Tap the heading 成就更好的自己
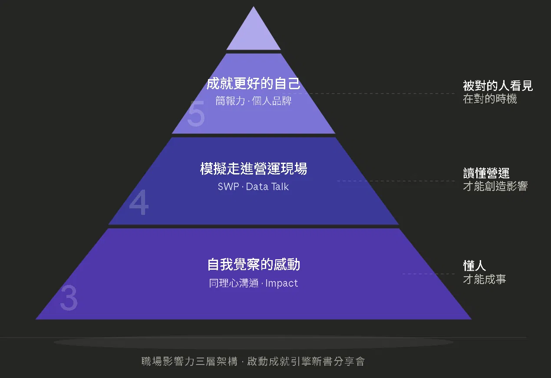(254, 84)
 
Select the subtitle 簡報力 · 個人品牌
(254, 101)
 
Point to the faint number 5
(196, 114)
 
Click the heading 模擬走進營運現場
(254, 168)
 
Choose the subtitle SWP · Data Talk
(254, 187)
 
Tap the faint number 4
(139, 202)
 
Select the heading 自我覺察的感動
(254, 264)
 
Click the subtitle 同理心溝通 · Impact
(254, 283)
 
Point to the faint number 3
(69, 298)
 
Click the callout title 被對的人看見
(498, 86)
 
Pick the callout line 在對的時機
(490, 99)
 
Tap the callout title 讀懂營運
(486, 173)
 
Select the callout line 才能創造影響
(495, 186)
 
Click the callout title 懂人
(474, 266)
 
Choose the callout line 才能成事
(484, 279)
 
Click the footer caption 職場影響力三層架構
(189, 361)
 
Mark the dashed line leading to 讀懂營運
(396, 181)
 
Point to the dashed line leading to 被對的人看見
(381, 94)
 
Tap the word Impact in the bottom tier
(282, 283)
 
